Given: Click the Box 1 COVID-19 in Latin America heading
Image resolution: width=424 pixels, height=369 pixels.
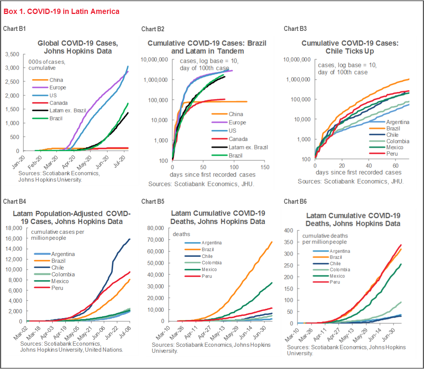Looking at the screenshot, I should pos(61,11).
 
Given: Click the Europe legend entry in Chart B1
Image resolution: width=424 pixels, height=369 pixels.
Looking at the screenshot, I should pos(57,88).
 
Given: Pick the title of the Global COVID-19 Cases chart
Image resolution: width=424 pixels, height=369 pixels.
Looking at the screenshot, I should pos(74,47).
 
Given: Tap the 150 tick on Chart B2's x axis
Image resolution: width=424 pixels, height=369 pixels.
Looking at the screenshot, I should pos(265,167).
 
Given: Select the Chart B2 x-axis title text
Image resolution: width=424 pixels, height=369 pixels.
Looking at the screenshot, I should pos(212,174).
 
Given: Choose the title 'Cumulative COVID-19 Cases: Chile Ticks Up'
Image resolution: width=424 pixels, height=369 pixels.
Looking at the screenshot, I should pos(350,47).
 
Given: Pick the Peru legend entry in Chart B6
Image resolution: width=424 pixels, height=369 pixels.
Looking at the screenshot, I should pos(335,282).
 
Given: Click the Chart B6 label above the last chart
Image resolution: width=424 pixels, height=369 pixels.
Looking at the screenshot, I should pos(295,201).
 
